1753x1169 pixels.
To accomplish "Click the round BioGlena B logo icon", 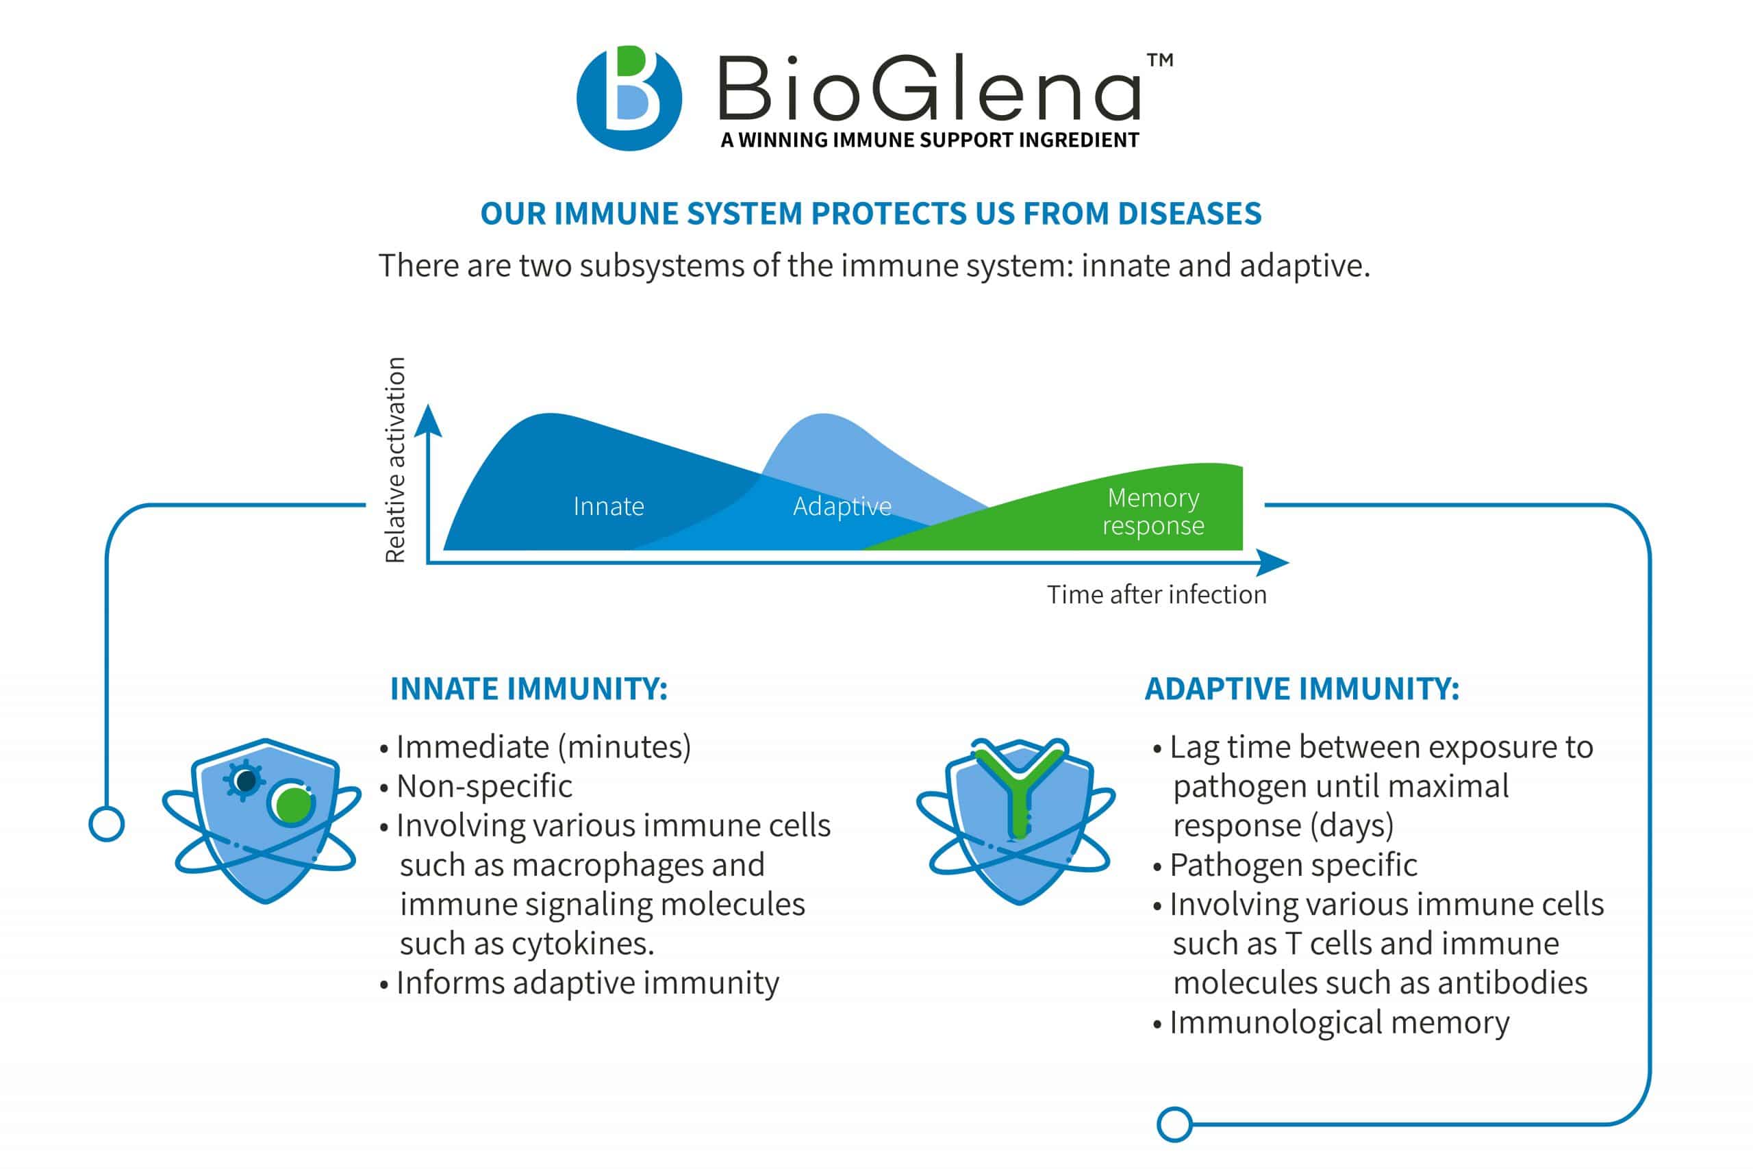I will click(x=629, y=98).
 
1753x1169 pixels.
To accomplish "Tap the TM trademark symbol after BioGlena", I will click(x=1160, y=60).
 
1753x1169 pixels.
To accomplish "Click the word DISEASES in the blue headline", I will click(x=1189, y=214).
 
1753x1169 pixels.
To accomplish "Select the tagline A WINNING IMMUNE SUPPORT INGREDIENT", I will click(x=929, y=140).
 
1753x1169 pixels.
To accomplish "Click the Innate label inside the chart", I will click(x=608, y=507).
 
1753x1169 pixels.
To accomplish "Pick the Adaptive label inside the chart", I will click(x=842, y=507).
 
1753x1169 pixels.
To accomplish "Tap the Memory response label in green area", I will click(x=1152, y=512).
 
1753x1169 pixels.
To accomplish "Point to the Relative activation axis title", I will click(x=395, y=460).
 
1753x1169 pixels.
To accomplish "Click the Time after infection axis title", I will click(x=1156, y=595).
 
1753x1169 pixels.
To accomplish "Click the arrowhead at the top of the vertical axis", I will click(x=428, y=421).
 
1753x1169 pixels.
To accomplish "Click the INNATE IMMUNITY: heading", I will click(x=529, y=689).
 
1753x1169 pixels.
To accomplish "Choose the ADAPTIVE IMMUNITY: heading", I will click(x=1301, y=689).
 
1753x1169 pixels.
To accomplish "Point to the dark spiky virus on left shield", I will click(x=244, y=781).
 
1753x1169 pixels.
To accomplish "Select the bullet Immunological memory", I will click(x=1339, y=1023).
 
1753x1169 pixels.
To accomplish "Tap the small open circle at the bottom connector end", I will click(x=1174, y=1124).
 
